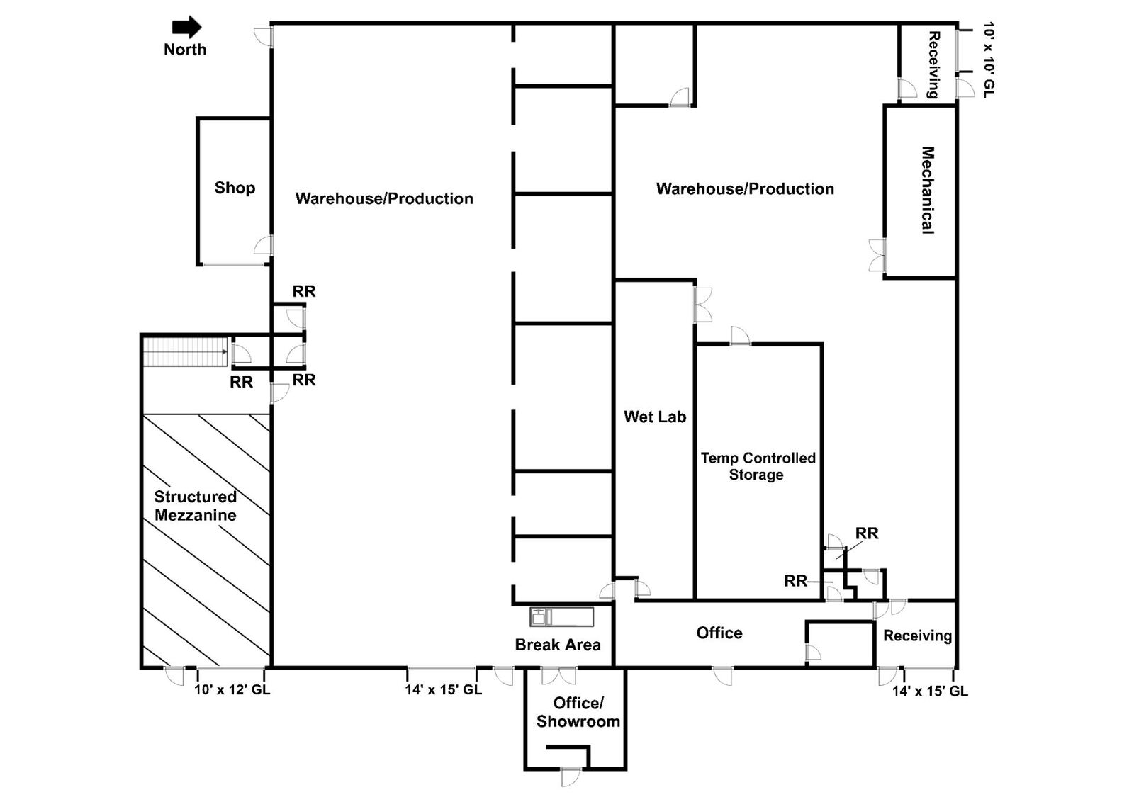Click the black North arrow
coord(187,28)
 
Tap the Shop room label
coord(235,188)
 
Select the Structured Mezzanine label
coord(196,506)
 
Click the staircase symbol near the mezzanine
coord(185,351)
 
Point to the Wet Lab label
coord(655,417)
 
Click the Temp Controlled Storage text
coord(758,466)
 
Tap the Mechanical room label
coord(927,190)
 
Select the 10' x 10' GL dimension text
coord(989,60)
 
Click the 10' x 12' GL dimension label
coord(232,689)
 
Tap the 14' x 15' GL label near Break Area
coord(444,689)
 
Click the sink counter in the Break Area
coord(562,616)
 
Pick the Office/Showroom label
coord(578,712)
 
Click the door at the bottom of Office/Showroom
coord(571,776)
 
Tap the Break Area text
coord(558,645)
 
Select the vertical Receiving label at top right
coord(933,64)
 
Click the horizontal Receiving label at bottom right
coord(917,636)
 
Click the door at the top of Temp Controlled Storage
coord(740,336)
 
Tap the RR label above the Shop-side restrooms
coord(304,291)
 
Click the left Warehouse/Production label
coord(384,198)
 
